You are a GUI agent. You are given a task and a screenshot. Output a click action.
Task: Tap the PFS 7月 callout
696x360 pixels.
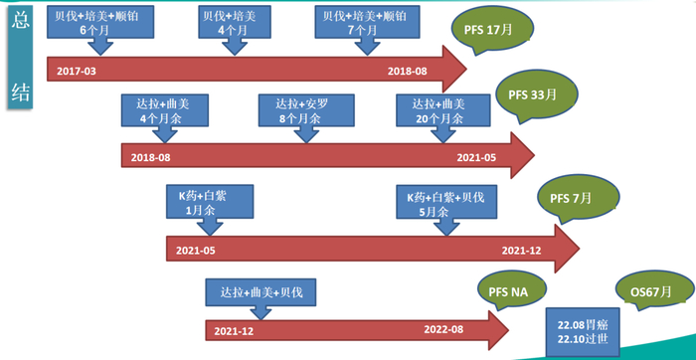tap(572, 198)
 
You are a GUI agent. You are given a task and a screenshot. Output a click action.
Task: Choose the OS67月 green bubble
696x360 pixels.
tap(652, 292)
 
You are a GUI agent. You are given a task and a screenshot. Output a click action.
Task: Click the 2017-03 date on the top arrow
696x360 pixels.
tap(77, 72)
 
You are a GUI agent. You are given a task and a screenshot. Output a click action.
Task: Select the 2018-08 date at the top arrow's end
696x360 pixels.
tap(407, 72)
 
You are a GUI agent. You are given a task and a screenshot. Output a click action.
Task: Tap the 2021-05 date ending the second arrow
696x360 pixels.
tap(476, 157)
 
